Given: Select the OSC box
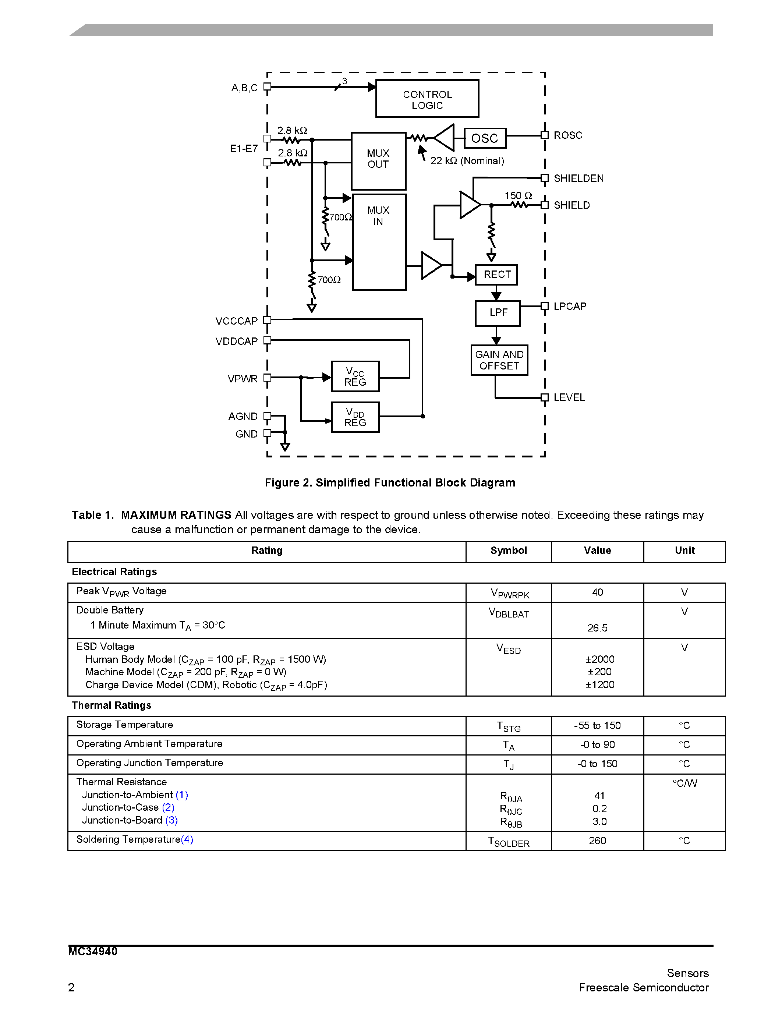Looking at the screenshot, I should tap(485, 138).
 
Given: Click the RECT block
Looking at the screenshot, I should tap(497, 275).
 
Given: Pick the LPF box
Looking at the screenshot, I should tap(498, 313).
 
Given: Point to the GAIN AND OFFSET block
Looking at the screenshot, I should tap(499, 360).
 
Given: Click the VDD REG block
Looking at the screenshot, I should tap(355, 417).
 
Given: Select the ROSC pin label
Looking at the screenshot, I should tap(568, 135).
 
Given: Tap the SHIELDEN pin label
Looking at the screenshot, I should tap(578, 178).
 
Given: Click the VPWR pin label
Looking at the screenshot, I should tap(242, 379).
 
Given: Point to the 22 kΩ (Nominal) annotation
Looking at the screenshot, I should tap(467, 161).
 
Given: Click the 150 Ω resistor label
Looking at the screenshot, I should tap(518, 195).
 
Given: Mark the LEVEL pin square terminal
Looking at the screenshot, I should tap(545, 397).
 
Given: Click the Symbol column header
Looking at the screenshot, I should tap(508, 551).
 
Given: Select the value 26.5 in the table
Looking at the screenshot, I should tap(597, 628).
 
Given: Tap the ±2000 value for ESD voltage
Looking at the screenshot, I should tap(599, 659).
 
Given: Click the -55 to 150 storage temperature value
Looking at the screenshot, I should tap(597, 726).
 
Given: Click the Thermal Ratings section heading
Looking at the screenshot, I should tap(112, 705).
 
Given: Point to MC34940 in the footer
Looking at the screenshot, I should tap(93, 952).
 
